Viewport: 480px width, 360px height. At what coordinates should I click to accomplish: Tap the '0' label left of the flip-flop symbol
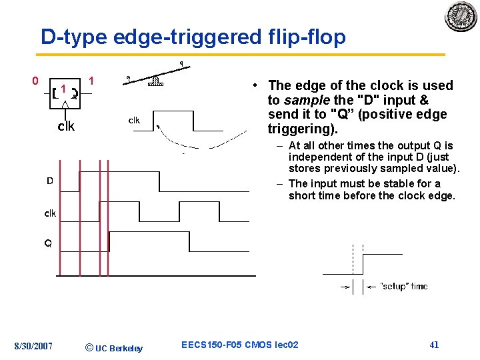click(35, 81)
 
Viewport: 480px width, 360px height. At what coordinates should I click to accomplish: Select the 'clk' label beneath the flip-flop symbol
click(66, 126)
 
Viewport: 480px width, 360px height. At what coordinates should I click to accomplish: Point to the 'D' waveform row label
click(49, 181)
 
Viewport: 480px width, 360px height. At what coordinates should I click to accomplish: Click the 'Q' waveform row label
click(48, 243)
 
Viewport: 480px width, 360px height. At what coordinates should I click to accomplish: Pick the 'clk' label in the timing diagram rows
click(50, 213)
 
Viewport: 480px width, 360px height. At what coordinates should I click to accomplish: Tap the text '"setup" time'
click(403, 286)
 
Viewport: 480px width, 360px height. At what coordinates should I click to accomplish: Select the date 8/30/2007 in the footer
click(34, 345)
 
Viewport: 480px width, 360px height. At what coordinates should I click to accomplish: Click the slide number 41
click(434, 345)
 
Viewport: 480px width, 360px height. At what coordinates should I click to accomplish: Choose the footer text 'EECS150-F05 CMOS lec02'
click(240, 345)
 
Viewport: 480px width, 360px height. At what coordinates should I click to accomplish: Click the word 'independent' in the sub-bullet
click(319, 157)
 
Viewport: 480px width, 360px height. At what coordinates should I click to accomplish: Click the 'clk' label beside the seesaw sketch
click(134, 121)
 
